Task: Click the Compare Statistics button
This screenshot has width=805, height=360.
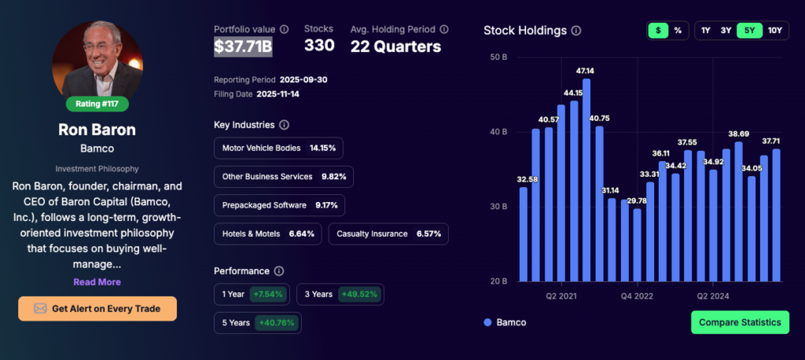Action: point(740,322)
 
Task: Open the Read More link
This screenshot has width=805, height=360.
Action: point(97,281)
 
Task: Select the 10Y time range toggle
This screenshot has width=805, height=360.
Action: point(774,31)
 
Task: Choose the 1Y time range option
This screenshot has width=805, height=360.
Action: point(706,31)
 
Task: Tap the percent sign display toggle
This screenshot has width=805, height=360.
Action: point(677,31)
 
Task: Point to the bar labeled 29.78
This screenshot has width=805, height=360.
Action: point(637,244)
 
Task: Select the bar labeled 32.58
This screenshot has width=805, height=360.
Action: point(524,233)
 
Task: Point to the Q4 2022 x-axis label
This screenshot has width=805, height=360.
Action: point(637,296)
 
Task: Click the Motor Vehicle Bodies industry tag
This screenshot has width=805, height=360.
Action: point(278,148)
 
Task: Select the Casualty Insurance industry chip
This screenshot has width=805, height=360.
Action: point(388,233)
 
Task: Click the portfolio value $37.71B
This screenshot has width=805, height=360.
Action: point(243,46)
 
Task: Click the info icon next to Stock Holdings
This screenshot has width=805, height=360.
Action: point(576,31)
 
